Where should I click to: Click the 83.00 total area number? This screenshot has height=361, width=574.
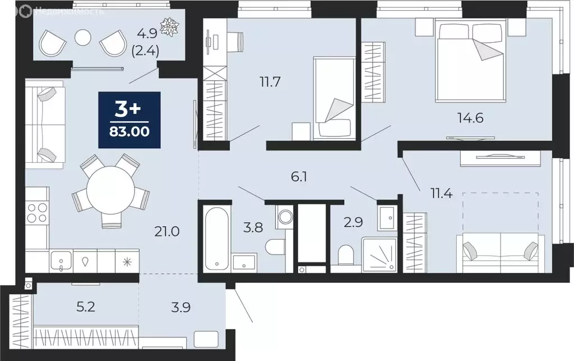[x=129, y=134]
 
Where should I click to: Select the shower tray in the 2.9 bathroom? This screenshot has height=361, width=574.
[x=379, y=254]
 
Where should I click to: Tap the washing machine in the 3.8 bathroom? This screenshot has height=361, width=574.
[x=284, y=217]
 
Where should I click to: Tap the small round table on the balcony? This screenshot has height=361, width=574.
[x=83, y=37]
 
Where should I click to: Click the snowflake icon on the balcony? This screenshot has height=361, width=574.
[x=168, y=25]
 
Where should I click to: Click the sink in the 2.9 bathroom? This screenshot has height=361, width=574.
[x=387, y=218]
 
